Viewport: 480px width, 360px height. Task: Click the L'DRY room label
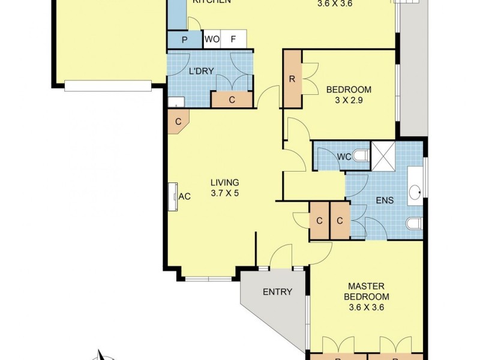(201, 71)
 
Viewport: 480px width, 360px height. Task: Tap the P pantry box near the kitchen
(184, 40)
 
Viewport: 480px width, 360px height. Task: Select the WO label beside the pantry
(212, 40)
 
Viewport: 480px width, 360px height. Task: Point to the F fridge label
(233, 40)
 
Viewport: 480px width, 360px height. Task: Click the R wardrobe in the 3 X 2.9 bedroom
(292, 79)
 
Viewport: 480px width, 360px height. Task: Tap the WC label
(344, 157)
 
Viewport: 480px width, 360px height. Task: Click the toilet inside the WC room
(361, 156)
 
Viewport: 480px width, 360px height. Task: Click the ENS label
(385, 200)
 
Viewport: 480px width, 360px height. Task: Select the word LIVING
(224, 182)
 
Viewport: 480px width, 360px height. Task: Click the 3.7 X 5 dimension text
(224, 193)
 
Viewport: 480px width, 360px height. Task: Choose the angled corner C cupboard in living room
(178, 122)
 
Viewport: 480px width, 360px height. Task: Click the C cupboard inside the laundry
(232, 100)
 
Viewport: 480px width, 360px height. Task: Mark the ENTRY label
(277, 292)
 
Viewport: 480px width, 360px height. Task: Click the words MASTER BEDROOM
(366, 292)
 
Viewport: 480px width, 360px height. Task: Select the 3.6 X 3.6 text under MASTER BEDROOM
(366, 308)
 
